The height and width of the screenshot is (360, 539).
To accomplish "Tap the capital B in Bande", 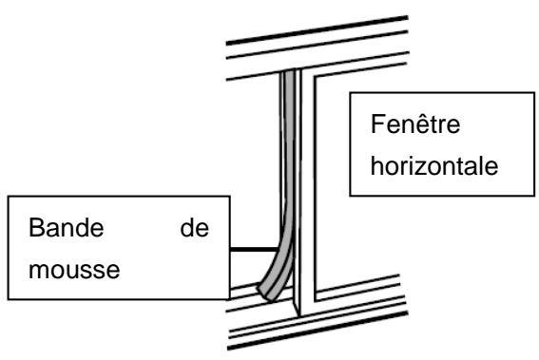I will click(x=34, y=231).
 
